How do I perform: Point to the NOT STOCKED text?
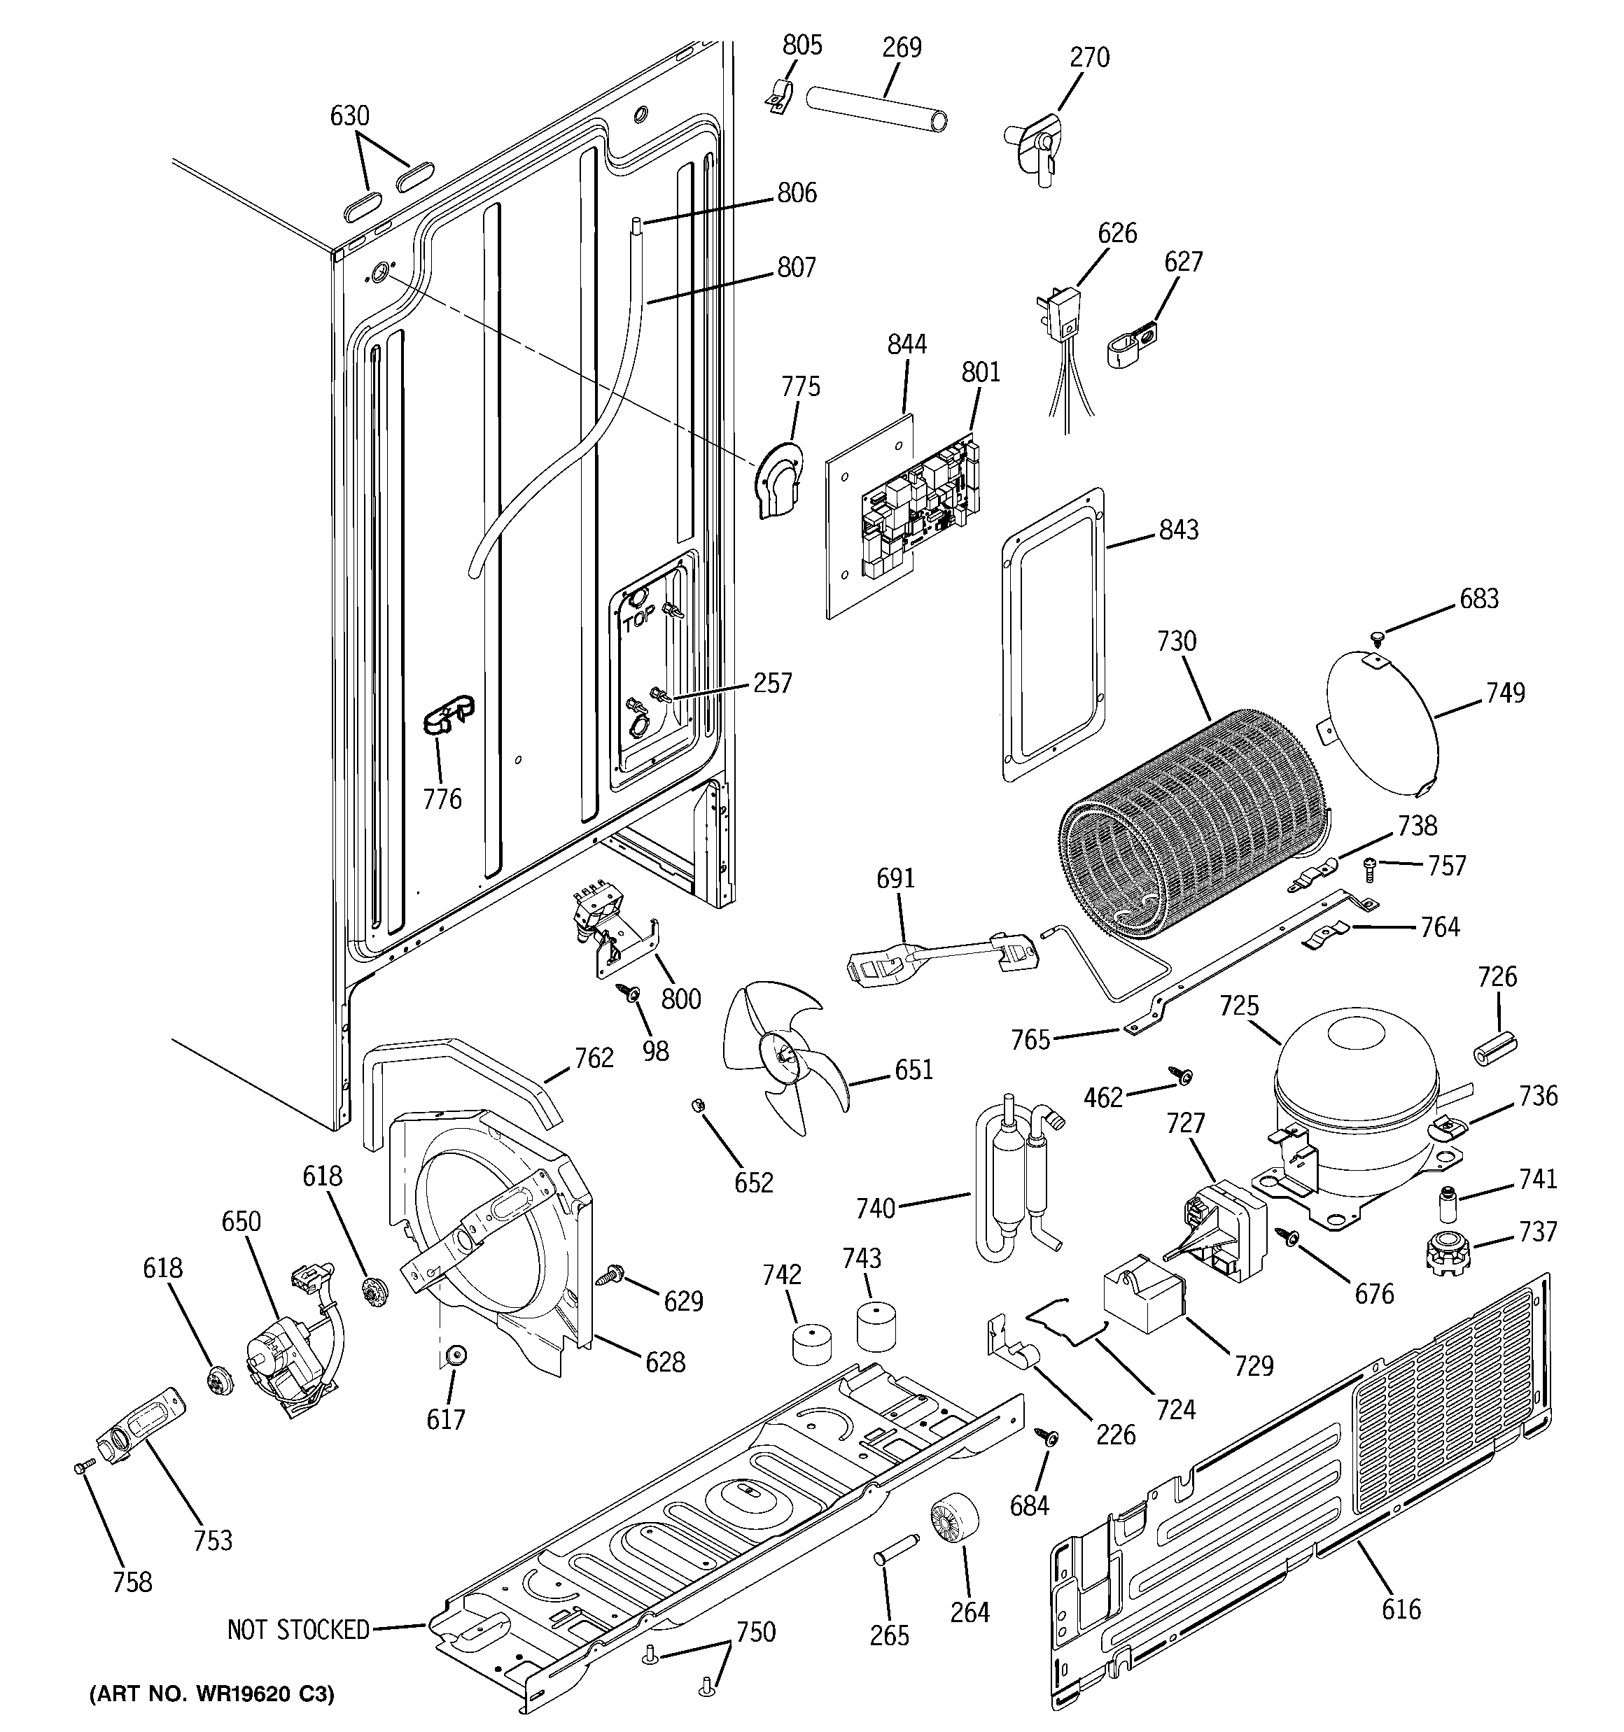click(x=298, y=1629)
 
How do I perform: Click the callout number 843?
click(x=1179, y=529)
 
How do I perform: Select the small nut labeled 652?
click(x=696, y=1106)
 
